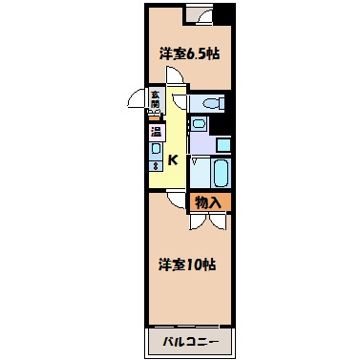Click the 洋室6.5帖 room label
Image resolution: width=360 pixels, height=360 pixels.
187,54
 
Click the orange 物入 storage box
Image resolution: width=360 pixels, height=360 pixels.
208,201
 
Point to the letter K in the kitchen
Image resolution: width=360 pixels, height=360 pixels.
173,160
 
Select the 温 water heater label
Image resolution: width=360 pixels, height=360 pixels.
155,132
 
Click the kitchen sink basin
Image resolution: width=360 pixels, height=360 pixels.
155,149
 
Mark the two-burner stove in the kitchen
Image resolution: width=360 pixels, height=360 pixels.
155,165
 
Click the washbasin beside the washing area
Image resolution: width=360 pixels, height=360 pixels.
199,123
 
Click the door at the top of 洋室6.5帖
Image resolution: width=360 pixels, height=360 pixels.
199,14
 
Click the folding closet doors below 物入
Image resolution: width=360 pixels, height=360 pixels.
208,220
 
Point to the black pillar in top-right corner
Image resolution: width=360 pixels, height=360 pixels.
222,14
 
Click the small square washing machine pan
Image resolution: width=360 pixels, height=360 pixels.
222,144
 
